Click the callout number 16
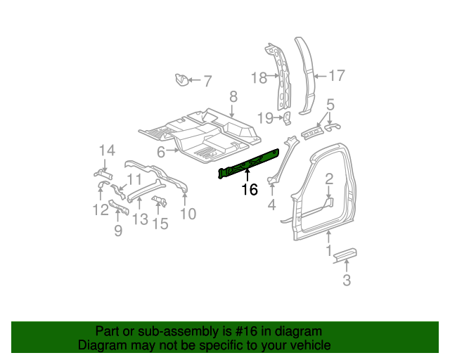click(250, 189)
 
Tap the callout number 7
click(207, 81)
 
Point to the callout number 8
click(233, 97)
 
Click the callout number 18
click(259, 77)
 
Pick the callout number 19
click(265, 117)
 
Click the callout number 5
click(330, 105)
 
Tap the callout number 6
click(161, 152)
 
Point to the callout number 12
click(97, 209)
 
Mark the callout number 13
click(140, 219)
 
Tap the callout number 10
click(188, 214)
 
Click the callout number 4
click(271, 205)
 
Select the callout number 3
click(346, 282)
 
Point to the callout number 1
click(328, 250)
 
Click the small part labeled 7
click(181, 79)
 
